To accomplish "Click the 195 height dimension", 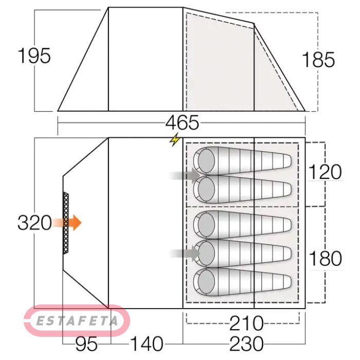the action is (34, 56).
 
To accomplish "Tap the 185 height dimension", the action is (318, 60).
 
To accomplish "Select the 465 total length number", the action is (182, 122).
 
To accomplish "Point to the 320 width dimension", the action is (34, 223).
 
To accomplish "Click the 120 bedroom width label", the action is (325, 172).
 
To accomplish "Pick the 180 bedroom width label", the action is (326, 258).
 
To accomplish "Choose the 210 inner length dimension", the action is (246, 323).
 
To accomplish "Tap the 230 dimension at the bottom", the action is (246, 344).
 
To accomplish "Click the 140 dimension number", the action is (147, 344).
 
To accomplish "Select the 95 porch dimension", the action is (86, 344).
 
